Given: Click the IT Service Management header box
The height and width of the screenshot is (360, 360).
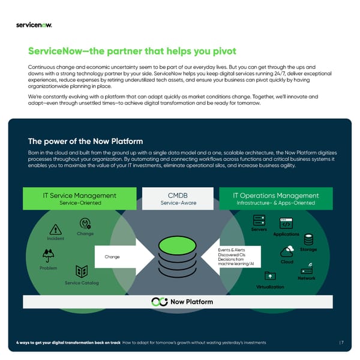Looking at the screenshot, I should point(80,199).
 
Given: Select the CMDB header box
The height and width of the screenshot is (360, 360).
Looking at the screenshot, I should point(178,199).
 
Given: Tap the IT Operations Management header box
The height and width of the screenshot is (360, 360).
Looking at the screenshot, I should point(275,199).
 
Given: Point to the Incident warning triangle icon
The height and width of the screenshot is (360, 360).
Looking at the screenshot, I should point(56,229).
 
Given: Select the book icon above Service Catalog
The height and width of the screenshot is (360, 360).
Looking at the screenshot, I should point(82,272).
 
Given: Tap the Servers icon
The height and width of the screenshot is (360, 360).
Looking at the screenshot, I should point(259,221).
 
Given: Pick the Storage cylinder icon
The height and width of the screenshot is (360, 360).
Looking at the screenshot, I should point(309,239).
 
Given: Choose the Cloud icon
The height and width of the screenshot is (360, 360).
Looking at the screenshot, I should point(286,252).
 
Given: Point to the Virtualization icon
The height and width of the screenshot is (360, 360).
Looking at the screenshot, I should point(270,276).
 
